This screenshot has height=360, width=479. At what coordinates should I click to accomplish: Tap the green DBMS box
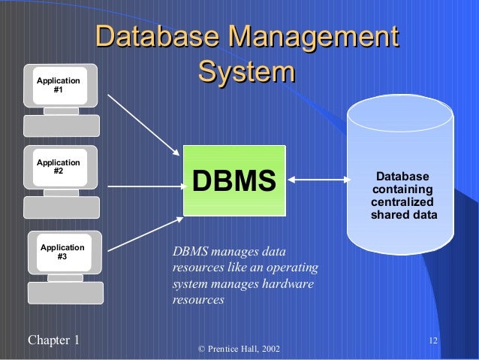235,180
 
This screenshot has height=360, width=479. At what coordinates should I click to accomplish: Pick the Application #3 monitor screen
62,252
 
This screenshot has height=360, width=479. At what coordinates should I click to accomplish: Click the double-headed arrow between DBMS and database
320,180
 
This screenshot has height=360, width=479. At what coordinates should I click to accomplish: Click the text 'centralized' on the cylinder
402,203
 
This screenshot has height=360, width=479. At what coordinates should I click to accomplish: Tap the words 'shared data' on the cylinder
404,216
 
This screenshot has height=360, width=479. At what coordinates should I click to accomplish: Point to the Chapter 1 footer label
53,340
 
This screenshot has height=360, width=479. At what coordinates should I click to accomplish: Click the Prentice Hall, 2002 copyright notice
238,349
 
